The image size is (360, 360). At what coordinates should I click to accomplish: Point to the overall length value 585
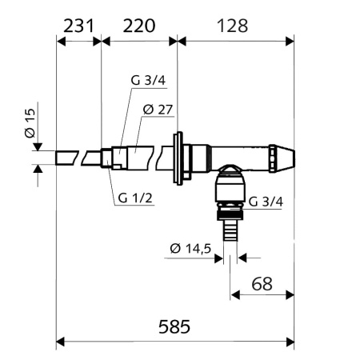(x=177, y=326)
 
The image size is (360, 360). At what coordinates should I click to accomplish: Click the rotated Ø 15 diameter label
(x=29, y=126)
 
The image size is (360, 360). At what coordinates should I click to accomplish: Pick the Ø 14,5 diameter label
(x=190, y=249)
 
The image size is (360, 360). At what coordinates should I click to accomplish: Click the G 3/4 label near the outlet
(x=265, y=202)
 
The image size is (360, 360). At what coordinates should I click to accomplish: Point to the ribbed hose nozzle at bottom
(x=230, y=231)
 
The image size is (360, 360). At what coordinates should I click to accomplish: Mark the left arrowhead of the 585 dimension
(x=60, y=343)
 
